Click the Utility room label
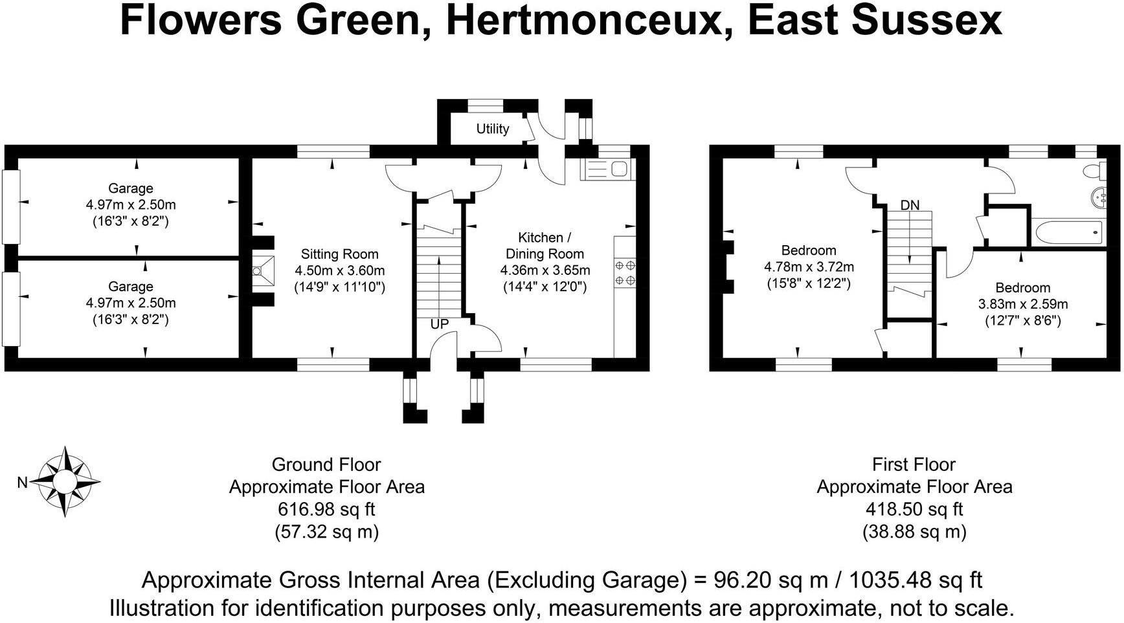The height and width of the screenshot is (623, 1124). click(493, 129)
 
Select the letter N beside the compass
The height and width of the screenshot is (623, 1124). click(22, 483)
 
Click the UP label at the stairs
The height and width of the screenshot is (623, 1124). click(440, 324)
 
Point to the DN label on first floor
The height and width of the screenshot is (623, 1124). click(910, 205)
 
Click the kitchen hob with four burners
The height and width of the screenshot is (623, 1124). click(625, 272)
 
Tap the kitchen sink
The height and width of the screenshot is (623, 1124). click(608, 169)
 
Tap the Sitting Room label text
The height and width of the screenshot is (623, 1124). click(339, 254)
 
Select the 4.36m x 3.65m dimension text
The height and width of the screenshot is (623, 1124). click(545, 270)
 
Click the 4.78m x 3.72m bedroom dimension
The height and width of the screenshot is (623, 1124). click(809, 267)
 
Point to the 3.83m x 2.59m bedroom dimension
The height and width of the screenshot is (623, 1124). click(1022, 304)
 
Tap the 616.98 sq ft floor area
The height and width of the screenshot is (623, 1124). click(326, 509)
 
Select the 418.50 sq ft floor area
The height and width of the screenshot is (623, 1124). click(914, 509)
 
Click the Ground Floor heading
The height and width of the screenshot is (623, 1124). click(326, 465)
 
